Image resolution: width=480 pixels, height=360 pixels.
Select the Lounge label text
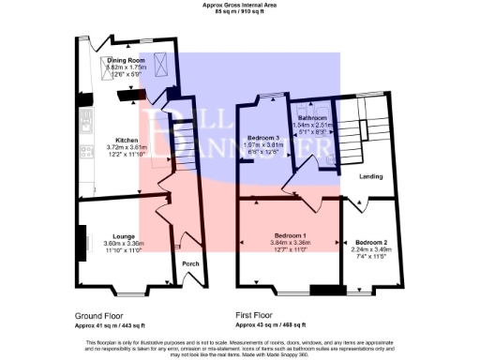pos(123,236)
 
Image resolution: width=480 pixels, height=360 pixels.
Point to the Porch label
pos(190,264)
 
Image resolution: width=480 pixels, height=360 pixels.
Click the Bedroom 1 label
pos(291,235)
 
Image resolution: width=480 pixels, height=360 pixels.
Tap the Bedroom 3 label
pos(264,138)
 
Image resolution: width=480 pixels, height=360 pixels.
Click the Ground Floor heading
pos(97,317)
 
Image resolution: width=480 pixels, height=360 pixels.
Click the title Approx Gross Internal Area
pos(239,5)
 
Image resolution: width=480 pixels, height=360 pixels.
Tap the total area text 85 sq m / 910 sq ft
pos(239,12)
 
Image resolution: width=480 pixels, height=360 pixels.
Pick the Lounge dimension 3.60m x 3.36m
pos(123,244)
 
